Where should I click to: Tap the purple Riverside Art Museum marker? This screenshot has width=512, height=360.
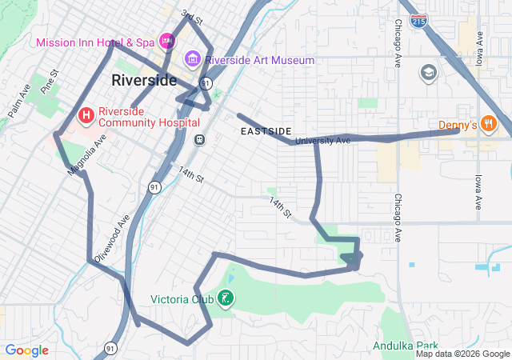click(192, 59)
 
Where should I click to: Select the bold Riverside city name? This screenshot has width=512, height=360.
click(144, 80)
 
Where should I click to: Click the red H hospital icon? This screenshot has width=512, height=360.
click(86, 117)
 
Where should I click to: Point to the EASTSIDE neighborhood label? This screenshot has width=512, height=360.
click(266, 130)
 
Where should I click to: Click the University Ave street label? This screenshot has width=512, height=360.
click(322, 141)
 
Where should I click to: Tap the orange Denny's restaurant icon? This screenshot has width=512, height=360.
click(489, 124)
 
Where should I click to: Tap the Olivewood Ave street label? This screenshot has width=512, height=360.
click(112, 238)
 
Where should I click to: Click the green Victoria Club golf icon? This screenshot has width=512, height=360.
click(226, 299)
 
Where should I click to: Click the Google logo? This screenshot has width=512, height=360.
click(26, 350)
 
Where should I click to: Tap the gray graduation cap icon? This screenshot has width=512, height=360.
click(429, 74)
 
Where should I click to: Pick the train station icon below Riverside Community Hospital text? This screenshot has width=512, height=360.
click(199, 139)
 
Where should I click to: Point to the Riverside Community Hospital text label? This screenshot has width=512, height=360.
click(149, 118)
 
